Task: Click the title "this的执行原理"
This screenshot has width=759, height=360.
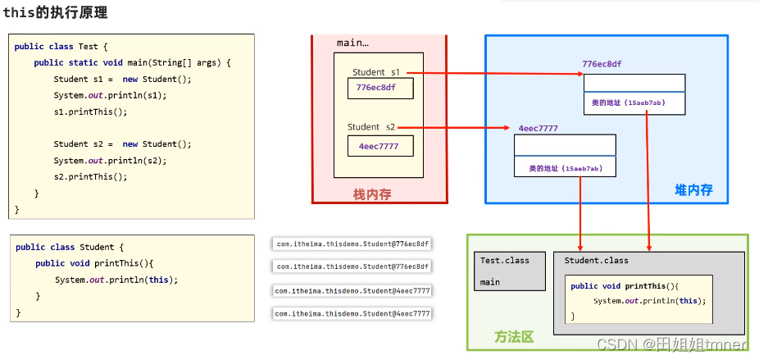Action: click(x=55, y=13)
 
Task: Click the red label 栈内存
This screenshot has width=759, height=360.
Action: click(x=372, y=194)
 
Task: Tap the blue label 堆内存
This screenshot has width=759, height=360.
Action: click(x=693, y=189)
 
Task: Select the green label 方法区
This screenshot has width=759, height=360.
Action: click(x=514, y=336)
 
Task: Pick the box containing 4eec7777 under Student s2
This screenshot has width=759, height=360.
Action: click(x=379, y=146)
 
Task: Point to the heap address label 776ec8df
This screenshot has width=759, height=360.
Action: click(x=607, y=64)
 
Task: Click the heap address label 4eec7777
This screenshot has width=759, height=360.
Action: click(x=538, y=128)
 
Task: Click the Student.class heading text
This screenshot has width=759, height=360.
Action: click(x=597, y=260)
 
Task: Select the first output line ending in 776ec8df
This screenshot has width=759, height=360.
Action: click(x=352, y=244)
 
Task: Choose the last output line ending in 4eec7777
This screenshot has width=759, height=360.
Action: click(x=352, y=313)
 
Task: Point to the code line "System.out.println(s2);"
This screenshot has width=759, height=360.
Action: click(x=110, y=160)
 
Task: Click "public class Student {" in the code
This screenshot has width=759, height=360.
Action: click(x=70, y=247)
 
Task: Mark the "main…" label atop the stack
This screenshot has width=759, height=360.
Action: click(x=352, y=43)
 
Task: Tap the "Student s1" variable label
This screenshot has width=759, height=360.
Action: click(x=377, y=72)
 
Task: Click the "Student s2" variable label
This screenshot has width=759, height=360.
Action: click(x=371, y=127)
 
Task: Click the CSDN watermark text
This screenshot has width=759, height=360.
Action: click(x=671, y=345)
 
